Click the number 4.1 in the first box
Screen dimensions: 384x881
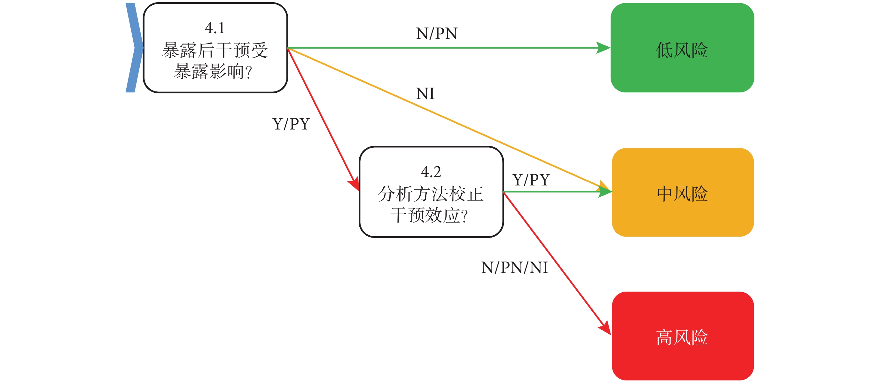coord(215,28)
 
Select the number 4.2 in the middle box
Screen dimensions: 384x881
coord(431,172)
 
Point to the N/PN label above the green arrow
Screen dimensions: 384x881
coord(437,34)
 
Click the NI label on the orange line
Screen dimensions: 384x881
coord(425,94)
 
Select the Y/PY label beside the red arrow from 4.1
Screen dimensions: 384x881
coord(291,124)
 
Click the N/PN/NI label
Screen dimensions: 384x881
coord(514,268)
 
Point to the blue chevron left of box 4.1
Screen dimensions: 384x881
coord(134,48)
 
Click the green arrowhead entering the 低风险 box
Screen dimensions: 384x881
coord(603,48)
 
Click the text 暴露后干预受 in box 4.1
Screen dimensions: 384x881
coord(215,51)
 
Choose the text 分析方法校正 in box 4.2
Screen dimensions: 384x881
coord(431,194)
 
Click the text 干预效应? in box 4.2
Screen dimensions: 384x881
coord(429,216)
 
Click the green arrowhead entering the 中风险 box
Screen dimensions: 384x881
coord(605,192)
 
